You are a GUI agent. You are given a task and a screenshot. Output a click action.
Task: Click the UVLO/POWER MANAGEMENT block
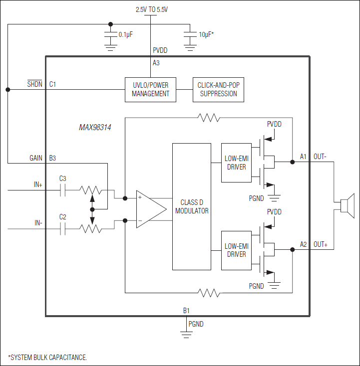coord(150,90)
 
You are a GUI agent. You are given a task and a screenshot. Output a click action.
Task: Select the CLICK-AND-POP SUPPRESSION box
coord(218,90)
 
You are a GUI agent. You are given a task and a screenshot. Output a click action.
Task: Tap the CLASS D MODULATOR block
coord(192,206)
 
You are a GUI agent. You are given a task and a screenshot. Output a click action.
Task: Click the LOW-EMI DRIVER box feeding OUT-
coord(236,163)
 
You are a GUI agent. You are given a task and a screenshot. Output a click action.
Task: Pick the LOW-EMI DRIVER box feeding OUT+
coord(236,250)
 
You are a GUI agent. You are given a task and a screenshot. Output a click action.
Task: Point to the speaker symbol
coord(346,205)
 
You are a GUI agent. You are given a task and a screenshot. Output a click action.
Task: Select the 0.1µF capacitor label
coord(125,34)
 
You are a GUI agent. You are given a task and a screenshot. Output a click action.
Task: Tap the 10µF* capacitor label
coord(206,34)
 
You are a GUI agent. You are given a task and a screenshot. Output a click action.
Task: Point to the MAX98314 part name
coord(95,128)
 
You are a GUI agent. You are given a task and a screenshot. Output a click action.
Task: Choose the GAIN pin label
coord(36,158)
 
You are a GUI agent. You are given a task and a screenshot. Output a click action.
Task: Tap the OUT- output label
coord(320,157)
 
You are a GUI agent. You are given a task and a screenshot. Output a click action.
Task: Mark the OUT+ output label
coord(321,244)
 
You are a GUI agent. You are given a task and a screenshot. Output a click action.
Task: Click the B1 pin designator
coord(186,311)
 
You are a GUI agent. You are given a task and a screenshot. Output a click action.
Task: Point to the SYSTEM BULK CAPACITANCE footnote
coord(47,357)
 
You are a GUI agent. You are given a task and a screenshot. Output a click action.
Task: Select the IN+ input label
coord(38,184)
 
